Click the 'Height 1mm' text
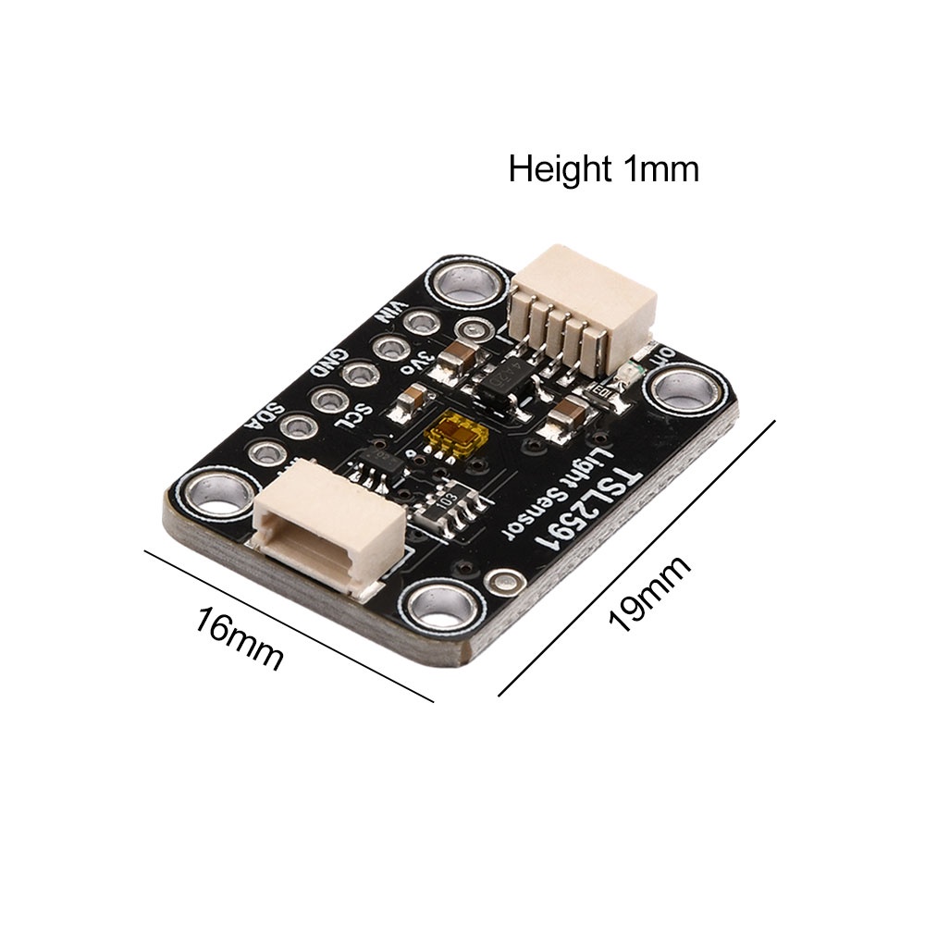(x=603, y=170)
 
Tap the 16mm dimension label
(x=239, y=637)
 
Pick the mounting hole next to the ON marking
(x=685, y=388)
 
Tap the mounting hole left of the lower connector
(x=216, y=491)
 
